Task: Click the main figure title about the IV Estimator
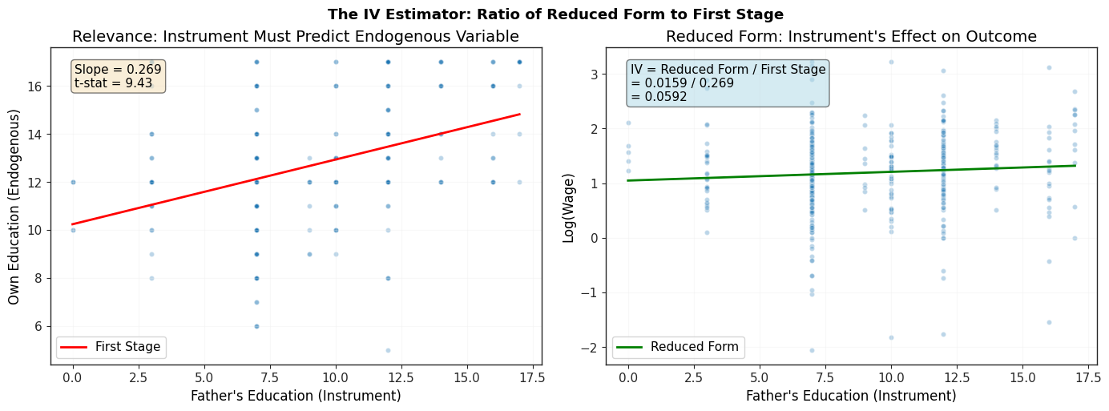(555, 14)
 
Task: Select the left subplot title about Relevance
(296, 37)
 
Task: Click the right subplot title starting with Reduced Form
(851, 37)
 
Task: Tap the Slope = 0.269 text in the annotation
(118, 70)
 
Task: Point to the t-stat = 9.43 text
(113, 83)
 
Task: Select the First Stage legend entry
(111, 347)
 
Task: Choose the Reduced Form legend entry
(678, 347)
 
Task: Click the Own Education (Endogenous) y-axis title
(14, 207)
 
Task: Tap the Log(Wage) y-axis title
(568, 208)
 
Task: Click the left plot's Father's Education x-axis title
(296, 396)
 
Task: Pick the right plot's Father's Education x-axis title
(851, 396)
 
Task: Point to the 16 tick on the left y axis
(35, 87)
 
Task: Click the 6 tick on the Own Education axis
(38, 327)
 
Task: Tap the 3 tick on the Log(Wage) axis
(594, 75)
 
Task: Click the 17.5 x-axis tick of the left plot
(532, 378)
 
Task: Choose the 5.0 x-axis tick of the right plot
(760, 378)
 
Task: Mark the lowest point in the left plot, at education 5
(388, 351)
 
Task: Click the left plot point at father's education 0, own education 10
(73, 230)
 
